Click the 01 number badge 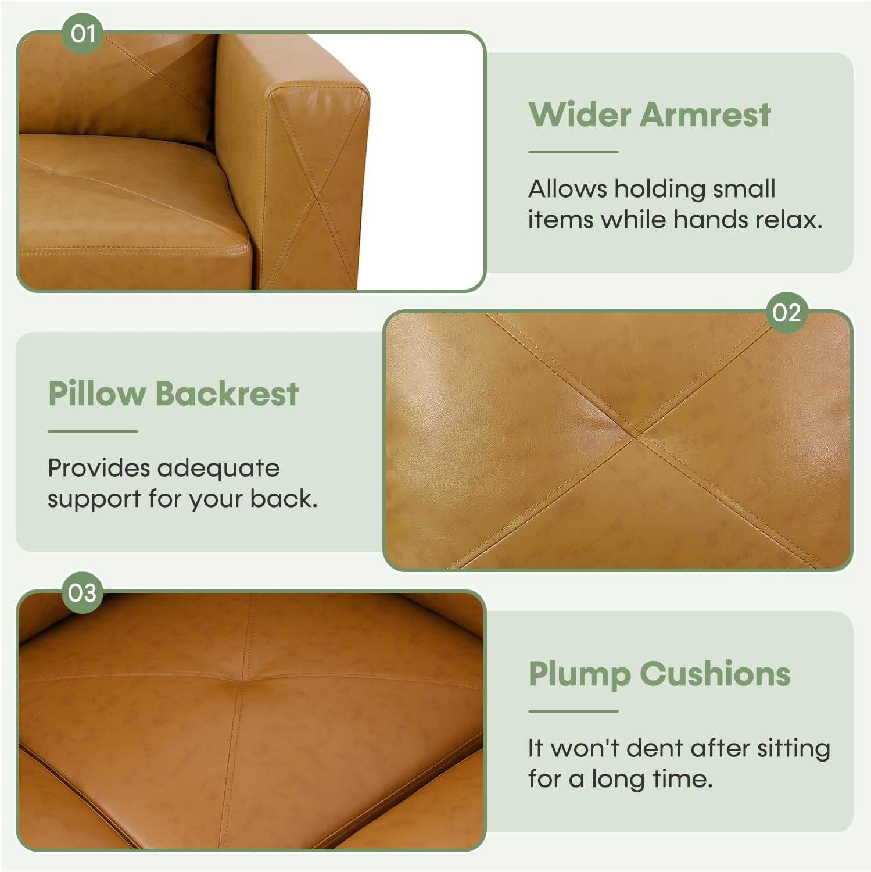(x=83, y=34)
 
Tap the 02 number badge (x=786, y=313)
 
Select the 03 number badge (x=82, y=593)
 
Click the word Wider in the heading (x=579, y=114)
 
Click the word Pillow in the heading (x=96, y=394)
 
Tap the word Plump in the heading (x=579, y=674)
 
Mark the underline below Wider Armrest (x=573, y=152)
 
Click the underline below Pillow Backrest (x=92, y=431)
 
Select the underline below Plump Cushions (x=573, y=711)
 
